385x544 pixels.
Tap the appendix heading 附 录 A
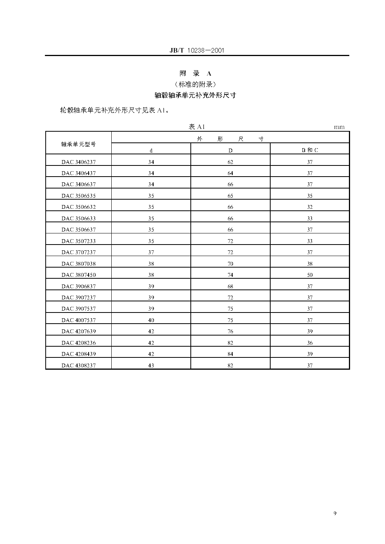195,73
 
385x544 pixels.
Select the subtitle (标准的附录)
195,84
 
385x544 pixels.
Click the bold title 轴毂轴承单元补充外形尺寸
195,95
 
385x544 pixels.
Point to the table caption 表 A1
197,127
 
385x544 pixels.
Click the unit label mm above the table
339,127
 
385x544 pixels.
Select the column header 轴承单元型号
79,144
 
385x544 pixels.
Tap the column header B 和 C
310,150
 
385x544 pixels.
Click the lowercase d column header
151,150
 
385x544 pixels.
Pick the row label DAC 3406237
79,162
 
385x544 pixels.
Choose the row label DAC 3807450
79,275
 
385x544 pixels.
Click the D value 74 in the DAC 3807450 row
230,275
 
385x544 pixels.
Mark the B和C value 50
310,275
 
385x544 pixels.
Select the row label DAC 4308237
79,365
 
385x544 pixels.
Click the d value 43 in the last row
151,365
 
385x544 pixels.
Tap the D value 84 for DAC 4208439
230,354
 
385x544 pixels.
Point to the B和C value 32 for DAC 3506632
310,207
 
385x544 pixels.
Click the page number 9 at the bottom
335,513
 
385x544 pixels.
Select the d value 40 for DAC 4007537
151,320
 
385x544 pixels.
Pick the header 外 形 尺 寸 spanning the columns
230,139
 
